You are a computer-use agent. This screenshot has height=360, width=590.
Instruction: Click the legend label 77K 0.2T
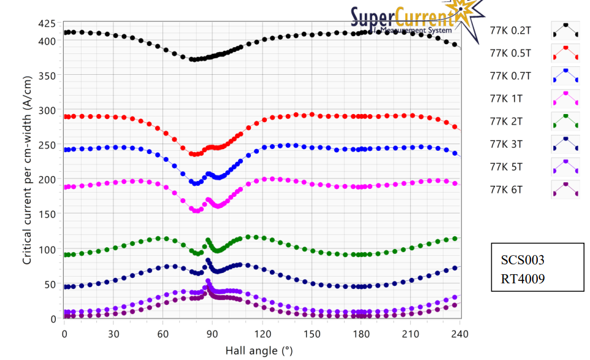click(x=510, y=30)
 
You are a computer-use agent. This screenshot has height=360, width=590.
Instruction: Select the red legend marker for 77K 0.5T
click(x=565, y=53)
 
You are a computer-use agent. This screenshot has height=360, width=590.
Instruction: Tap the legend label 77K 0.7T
click(x=510, y=75)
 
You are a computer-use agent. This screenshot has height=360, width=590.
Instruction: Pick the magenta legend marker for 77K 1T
click(x=565, y=98)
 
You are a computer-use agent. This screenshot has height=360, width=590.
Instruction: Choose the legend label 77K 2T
click(x=507, y=121)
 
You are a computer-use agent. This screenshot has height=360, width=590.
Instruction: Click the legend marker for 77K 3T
click(x=565, y=144)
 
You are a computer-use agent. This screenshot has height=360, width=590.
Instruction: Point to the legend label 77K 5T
click(x=507, y=166)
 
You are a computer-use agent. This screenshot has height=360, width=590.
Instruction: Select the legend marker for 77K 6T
click(x=565, y=189)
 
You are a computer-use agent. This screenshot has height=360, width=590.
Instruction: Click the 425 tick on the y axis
click(x=46, y=24)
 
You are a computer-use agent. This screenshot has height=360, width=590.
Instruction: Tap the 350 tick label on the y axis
click(x=46, y=76)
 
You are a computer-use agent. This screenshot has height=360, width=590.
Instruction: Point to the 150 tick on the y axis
click(x=46, y=215)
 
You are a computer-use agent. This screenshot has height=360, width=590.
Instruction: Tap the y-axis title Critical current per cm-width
click(x=27, y=172)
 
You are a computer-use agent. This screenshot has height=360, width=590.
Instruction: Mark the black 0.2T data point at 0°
click(x=65, y=33)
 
